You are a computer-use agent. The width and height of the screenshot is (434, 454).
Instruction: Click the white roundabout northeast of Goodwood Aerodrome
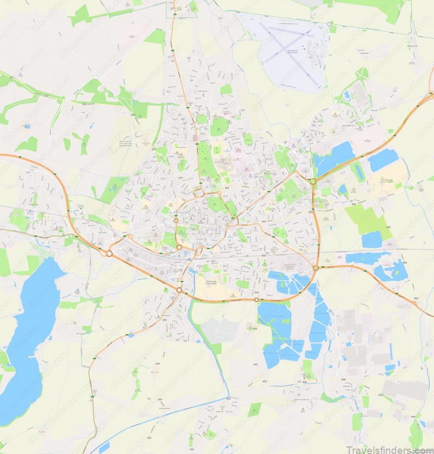coord(329,24)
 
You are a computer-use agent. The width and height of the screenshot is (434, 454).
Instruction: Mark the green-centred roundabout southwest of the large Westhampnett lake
coord(312,182)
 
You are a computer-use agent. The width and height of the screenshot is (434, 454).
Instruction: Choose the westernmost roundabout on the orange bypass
coord(109,253)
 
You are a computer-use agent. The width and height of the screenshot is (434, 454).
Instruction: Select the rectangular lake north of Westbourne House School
coord(382,159)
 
